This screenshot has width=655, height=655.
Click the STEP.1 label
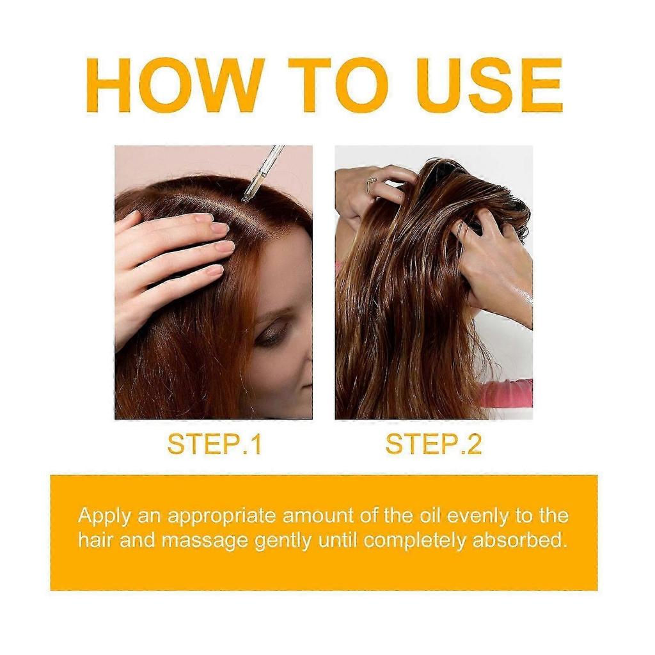(214, 445)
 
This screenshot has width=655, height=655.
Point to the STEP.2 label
(434, 445)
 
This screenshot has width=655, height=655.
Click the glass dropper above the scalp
(263, 173)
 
